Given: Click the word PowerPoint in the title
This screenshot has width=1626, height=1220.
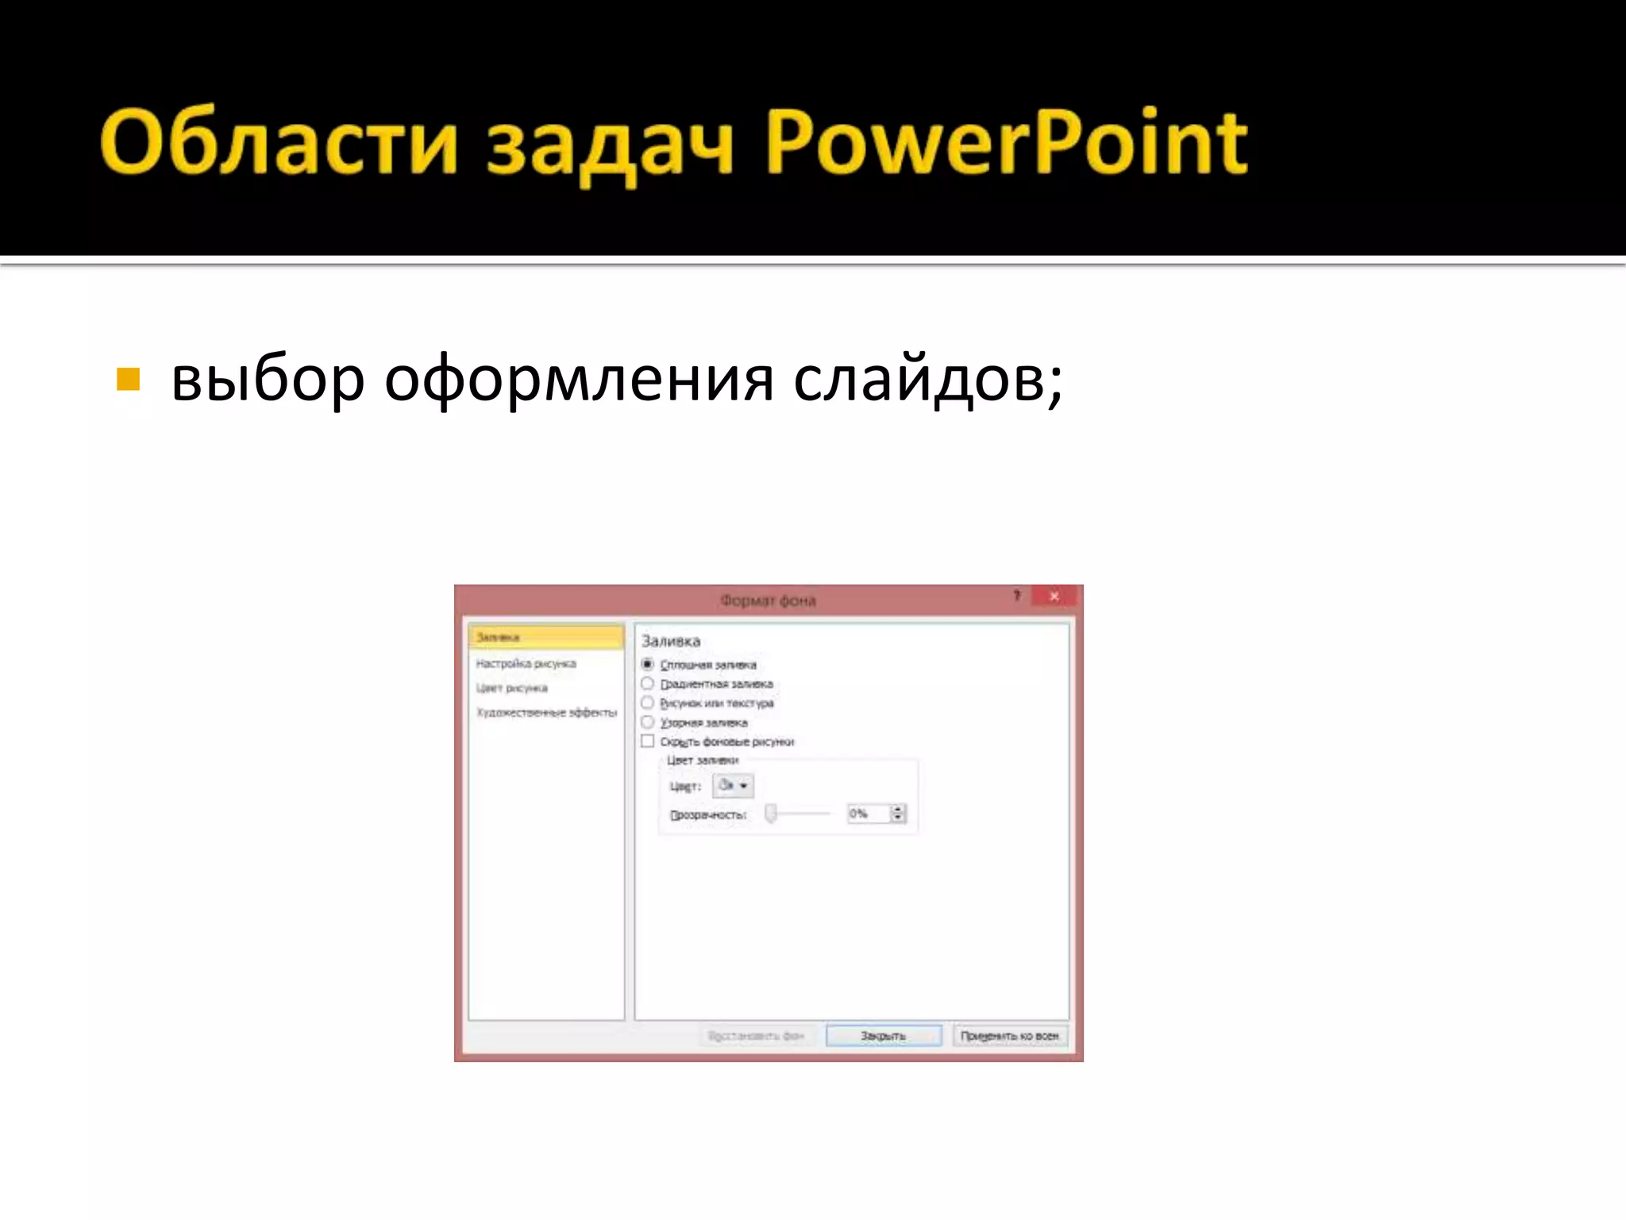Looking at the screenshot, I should (x=1007, y=143).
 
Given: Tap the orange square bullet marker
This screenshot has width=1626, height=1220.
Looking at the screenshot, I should (x=128, y=380).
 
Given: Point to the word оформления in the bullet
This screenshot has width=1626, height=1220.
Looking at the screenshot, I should (x=579, y=380).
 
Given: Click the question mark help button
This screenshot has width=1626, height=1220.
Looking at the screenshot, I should (x=1016, y=596).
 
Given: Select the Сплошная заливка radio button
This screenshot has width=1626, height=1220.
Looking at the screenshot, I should (x=648, y=664).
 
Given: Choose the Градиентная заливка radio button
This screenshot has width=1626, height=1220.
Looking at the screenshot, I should (x=648, y=683).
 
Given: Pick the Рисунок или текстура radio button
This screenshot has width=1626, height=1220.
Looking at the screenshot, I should (x=648, y=703).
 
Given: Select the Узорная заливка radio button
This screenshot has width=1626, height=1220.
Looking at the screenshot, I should (x=648, y=722).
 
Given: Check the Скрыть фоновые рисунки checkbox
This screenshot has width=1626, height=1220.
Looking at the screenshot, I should (x=648, y=741).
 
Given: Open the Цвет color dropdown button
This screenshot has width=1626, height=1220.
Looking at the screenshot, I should (x=733, y=786).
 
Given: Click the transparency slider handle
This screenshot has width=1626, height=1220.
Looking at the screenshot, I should (x=770, y=813).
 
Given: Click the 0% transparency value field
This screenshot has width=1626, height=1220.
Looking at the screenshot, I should (x=867, y=813).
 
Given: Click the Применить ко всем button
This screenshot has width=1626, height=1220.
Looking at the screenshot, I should (x=1009, y=1036).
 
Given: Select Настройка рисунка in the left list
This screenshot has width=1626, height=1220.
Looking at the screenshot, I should (x=526, y=663).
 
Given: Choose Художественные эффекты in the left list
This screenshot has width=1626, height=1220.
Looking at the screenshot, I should (x=546, y=712).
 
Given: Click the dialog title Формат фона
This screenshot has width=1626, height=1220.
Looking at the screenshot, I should (x=768, y=600).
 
